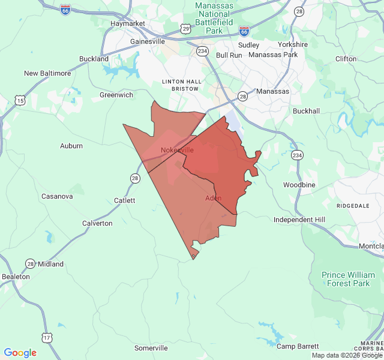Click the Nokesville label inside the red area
[x=177, y=150]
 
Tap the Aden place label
[x=213, y=198]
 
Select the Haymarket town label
[x=128, y=23]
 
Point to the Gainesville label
[x=148, y=42]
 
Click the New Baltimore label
[x=47, y=73]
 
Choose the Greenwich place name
[x=116, y=95]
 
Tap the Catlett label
[x=125, y=200]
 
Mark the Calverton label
[x=97, y=223]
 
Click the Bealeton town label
[x=16, y=277]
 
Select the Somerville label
[x=151, y=348]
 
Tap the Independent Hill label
[x=299, y=220]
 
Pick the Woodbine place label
[x=299, y=185]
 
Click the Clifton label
[x=346, y=59]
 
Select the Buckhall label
[x=306, y=111]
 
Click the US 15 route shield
[x=20, y=101]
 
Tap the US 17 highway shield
[x=47, y=338]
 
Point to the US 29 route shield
[x=186, y=28]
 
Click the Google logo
[x=20, y=353]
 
